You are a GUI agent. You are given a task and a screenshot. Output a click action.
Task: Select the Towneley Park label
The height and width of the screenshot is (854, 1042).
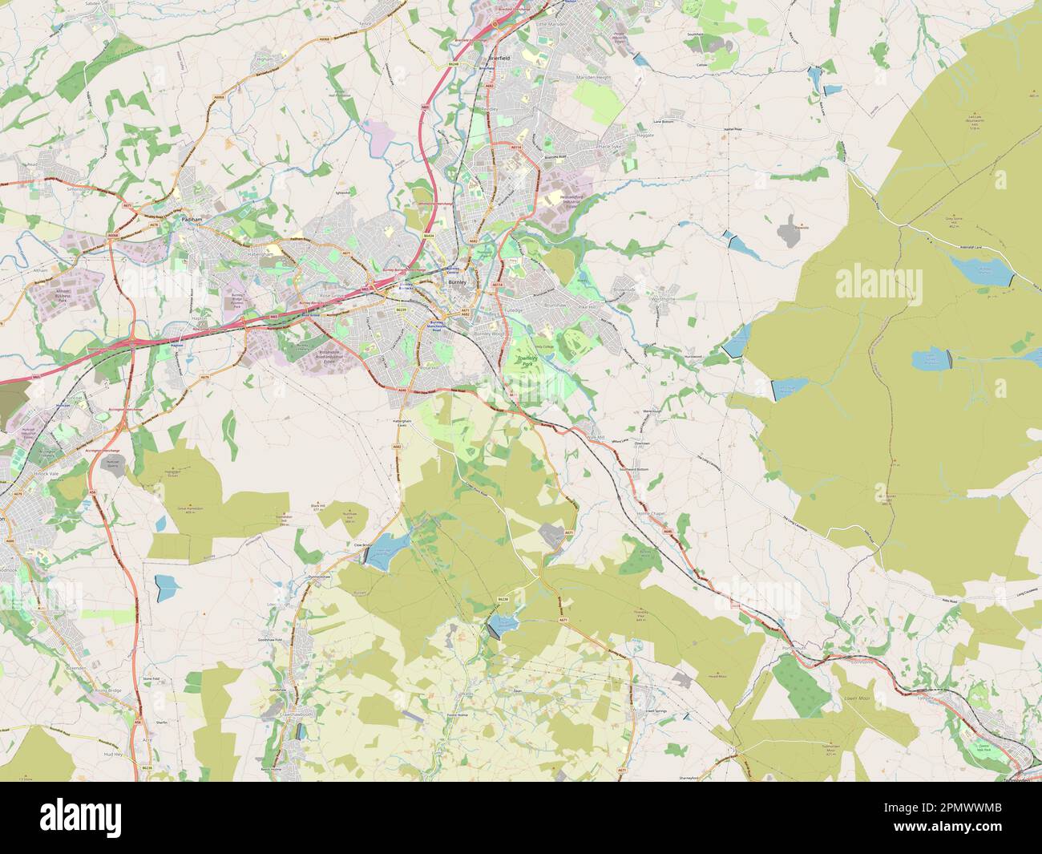click(x=525, y=363)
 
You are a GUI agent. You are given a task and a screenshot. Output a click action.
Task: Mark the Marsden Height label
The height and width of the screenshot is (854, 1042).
click(x=594, y=78)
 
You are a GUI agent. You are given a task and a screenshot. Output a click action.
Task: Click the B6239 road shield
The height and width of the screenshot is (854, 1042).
click(x=402, y=309)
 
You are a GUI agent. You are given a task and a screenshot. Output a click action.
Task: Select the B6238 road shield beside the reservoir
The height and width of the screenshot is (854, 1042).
click(x=503, y=599)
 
